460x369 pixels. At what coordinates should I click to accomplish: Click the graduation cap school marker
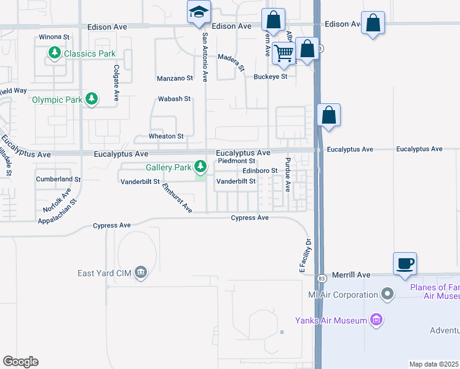pos(199,12)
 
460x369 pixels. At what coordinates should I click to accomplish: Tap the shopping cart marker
pos(284,53)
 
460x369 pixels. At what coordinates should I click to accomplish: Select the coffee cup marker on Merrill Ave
pos(405,263)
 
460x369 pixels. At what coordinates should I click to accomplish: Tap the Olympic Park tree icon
pos(92,98)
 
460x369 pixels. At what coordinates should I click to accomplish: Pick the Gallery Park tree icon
pos(200,167)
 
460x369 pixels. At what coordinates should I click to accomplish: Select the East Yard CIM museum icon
pos(141,273)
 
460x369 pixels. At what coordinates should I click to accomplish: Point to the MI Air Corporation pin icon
pos(387,295)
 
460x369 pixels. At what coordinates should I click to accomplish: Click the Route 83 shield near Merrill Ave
pos(322,279)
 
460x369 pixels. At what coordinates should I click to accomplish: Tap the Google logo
pos(20,361)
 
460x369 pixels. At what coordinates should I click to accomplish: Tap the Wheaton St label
pos(166,136)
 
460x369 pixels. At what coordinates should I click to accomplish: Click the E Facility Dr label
pos(303,255)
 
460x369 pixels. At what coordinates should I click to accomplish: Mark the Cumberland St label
pos(58,179)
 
